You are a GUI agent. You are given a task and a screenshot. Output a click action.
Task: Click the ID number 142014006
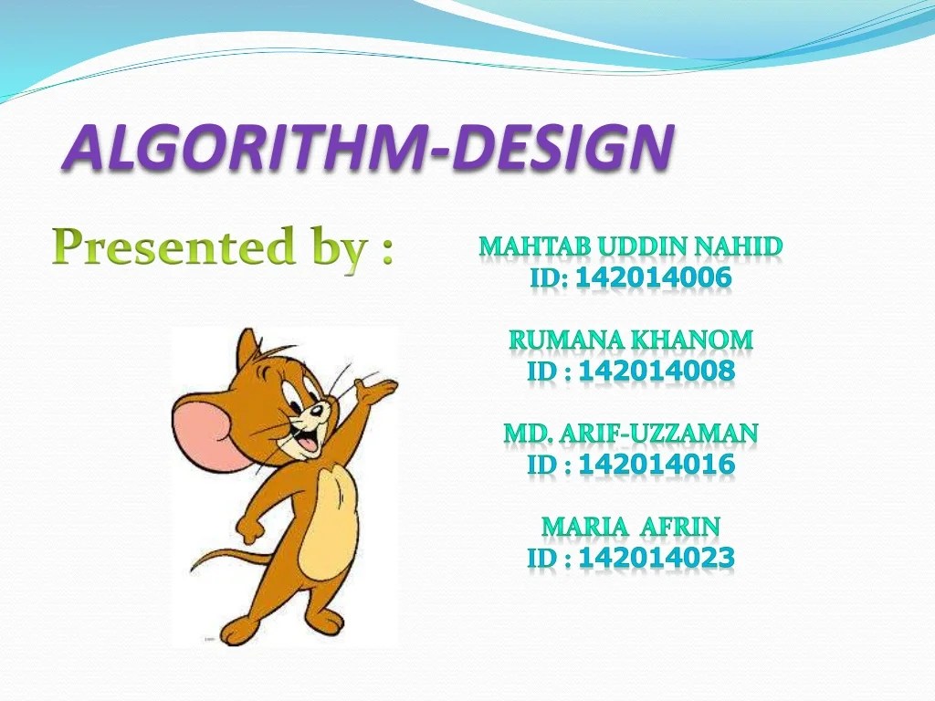654,277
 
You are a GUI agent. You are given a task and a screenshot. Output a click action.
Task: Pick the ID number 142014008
657,371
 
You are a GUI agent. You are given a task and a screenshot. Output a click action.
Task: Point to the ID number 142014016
657,465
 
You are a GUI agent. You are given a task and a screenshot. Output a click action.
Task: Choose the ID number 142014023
657,558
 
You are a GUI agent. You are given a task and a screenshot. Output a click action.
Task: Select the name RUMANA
554,340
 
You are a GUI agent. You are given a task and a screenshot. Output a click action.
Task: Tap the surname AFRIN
680,527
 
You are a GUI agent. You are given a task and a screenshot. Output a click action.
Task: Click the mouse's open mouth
307,443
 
